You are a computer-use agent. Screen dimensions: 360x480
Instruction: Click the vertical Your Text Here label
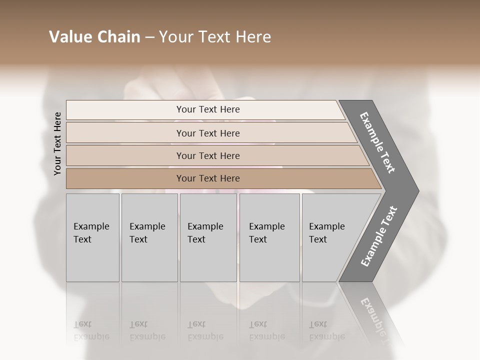57,143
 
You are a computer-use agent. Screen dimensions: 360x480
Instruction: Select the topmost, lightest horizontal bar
205,109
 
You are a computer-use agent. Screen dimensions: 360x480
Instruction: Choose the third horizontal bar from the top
215,155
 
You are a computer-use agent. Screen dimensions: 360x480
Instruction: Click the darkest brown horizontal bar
220,178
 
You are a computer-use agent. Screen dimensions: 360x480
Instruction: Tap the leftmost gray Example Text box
92,237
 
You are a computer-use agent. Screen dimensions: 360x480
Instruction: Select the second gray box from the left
149,237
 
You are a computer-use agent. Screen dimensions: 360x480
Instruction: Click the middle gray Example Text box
208,237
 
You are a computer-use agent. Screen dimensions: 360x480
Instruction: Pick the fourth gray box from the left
269,237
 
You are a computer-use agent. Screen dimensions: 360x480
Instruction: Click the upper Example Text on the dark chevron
377,142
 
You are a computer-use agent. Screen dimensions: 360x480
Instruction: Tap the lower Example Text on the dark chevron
378,236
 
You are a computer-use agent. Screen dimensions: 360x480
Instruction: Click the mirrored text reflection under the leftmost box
91,330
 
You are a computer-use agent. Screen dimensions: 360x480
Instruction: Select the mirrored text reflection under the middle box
205,330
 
